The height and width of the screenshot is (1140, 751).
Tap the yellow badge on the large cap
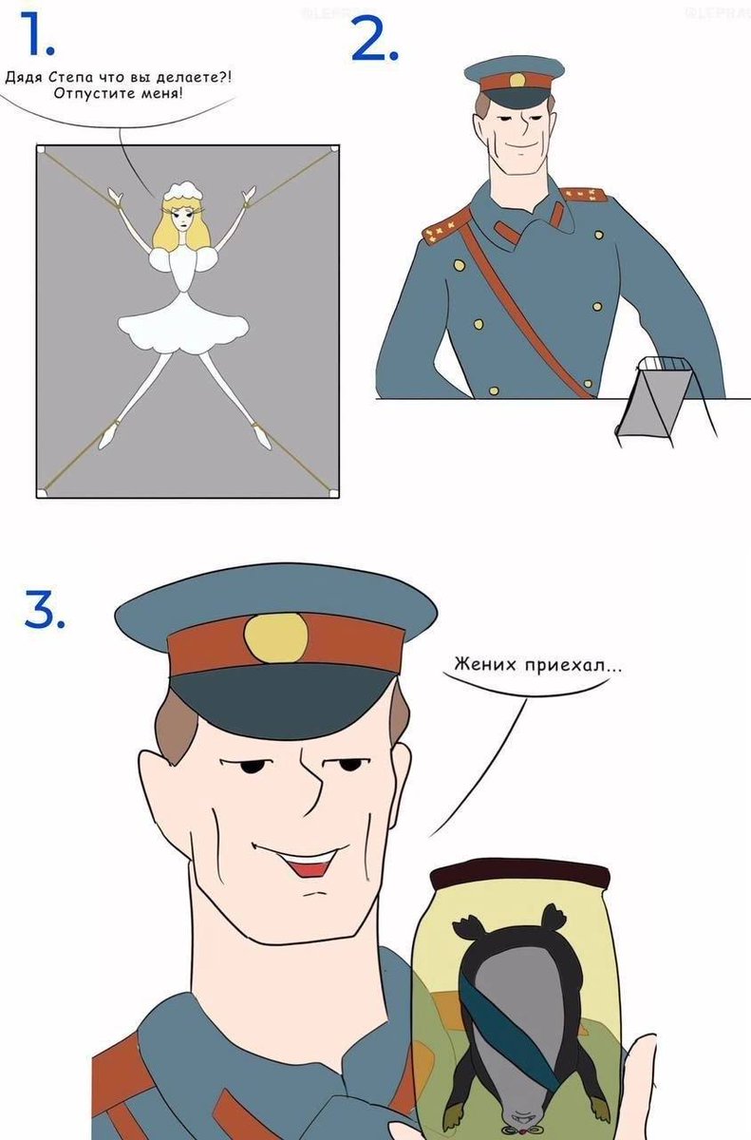[x=275, y=638]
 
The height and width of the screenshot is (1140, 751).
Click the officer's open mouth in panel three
[x=310, y=864]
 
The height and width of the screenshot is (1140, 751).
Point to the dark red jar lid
[x=517, y=871]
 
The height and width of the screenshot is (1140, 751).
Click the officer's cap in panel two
[x=514, y=82]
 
